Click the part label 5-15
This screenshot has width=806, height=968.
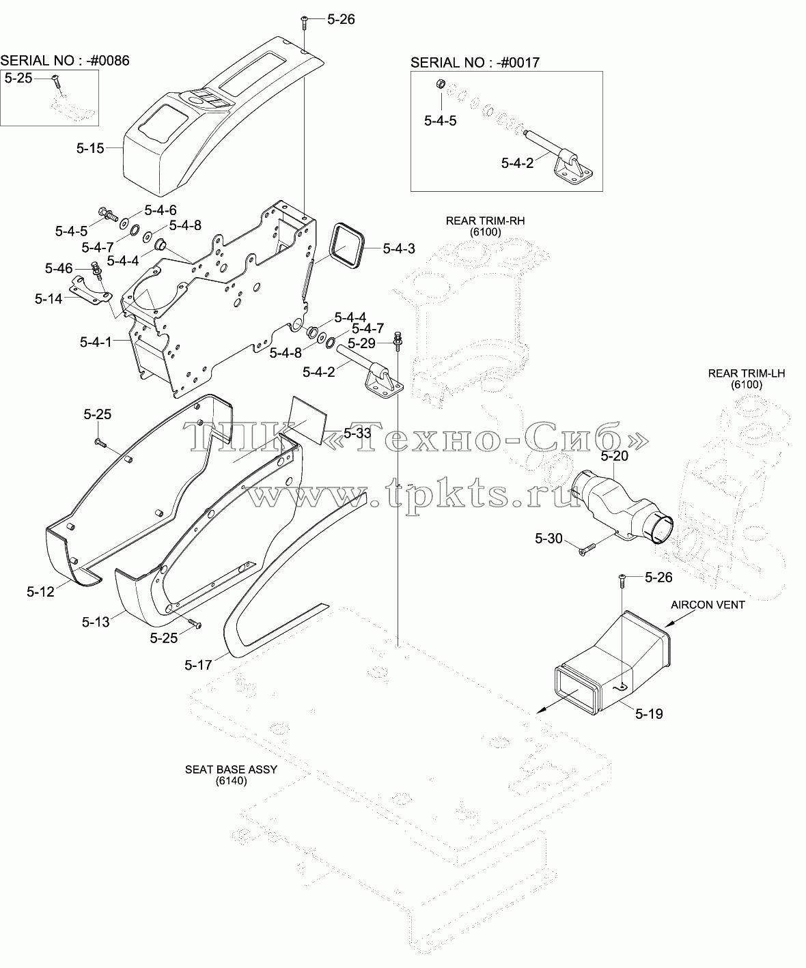90,148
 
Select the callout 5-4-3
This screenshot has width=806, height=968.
399,248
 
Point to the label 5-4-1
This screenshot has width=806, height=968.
96,342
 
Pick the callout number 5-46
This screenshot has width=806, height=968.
59,268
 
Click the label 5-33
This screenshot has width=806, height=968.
357,433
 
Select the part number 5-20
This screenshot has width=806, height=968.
614,456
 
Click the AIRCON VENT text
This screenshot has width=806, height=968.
708,605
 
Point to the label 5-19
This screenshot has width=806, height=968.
649,714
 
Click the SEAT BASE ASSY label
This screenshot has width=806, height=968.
231,769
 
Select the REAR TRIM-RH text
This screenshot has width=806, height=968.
486,220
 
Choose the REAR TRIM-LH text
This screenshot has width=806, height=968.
747,373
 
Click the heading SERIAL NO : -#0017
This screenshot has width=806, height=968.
475,63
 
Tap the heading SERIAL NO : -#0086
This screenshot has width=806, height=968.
65,61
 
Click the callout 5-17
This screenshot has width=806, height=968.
198,666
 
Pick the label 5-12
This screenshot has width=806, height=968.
40,592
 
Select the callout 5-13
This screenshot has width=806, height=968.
96,622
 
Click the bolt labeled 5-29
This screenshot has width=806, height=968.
398,340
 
